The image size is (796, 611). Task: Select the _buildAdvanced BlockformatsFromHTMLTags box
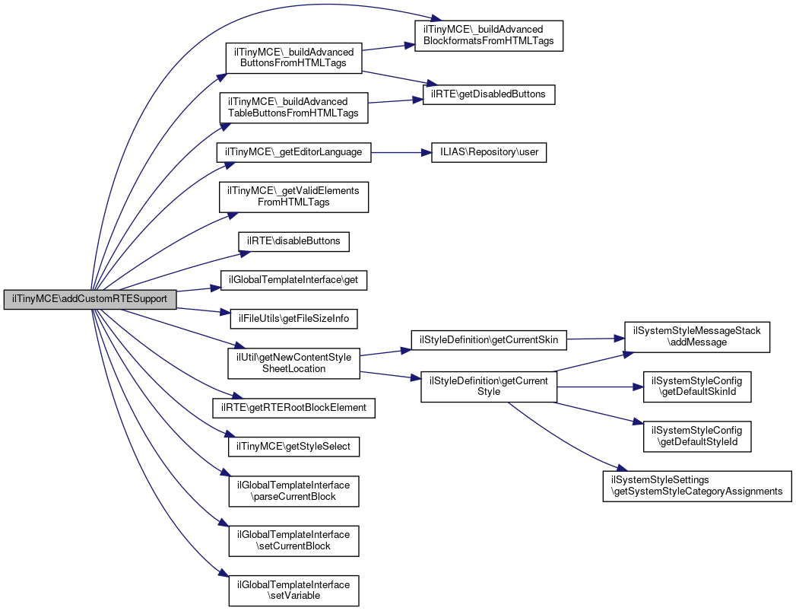[x=488, y=34]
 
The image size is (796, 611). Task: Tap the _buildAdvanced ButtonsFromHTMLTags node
[x=293, y=57]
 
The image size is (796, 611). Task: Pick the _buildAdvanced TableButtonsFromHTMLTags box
[x=293, y=107]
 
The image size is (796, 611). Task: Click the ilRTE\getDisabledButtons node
[x=489, y=94]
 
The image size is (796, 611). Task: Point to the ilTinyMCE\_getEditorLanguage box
[x=293, y=152]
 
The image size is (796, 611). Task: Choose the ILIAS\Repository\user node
[x=488, y=152]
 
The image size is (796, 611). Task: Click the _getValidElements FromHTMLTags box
[x=293, y=196]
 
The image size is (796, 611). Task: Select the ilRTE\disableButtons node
[x=293, y=241]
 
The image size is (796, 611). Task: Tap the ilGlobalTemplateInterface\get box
[x=293, y=280]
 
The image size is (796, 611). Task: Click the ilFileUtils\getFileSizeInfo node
[x=293, y=318]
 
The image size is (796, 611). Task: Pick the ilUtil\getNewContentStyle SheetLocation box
[x=293, y=362]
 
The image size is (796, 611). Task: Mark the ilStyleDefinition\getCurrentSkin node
[x=489, y=339]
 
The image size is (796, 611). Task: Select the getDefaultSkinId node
[x=697, y=387]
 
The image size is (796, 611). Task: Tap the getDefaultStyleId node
[x=697, y=435]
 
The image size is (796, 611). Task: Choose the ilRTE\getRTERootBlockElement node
[x=293, y=407]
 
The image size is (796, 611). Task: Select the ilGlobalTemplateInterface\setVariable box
[x=293, y=590]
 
